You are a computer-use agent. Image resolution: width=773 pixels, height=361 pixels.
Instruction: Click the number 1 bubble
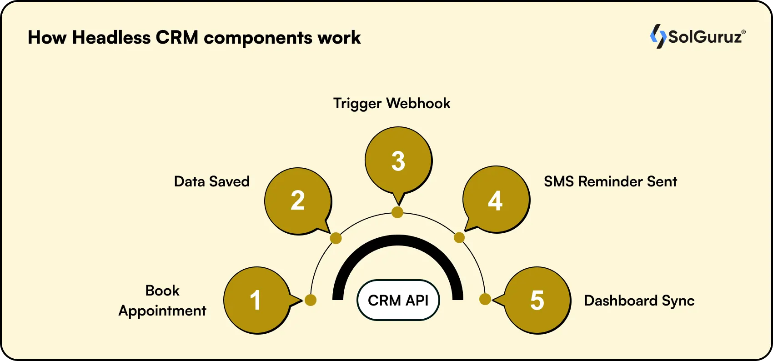256,300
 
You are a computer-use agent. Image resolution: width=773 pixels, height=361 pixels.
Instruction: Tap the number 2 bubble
298,201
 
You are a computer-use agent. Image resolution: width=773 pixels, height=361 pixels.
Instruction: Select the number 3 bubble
398,160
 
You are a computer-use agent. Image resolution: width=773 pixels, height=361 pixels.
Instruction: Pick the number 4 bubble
496,200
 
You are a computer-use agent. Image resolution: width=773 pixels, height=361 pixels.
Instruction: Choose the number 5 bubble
537,300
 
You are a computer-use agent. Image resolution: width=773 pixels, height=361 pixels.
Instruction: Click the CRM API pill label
398,300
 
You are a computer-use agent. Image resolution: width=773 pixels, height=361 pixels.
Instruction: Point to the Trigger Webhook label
392,103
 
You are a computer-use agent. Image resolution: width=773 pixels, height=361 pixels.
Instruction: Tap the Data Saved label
212,181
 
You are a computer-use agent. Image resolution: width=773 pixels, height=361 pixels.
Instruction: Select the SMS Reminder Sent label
610,181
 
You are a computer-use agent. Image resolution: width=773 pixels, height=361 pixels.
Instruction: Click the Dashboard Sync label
639,301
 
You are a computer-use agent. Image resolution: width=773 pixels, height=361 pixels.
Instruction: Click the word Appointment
162,311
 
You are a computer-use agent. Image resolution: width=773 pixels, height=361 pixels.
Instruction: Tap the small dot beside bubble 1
311,300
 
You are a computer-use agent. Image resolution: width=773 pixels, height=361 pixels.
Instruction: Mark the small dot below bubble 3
397,212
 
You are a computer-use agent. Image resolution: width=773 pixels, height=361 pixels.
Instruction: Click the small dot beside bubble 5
485,299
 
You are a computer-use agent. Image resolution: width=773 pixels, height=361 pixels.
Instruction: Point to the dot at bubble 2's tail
336,238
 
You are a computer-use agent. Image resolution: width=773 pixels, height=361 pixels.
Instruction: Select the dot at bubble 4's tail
459,237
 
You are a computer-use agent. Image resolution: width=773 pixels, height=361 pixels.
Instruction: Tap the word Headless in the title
111,37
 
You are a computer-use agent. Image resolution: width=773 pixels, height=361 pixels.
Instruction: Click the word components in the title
257,38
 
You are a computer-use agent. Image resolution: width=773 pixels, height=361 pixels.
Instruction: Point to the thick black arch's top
398,239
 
